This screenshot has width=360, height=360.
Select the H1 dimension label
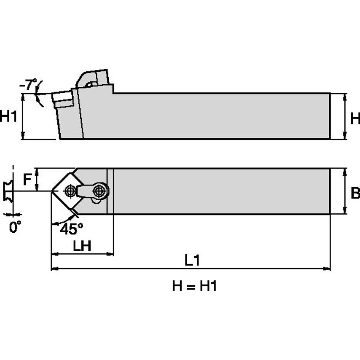pyautogui.click(x=9, y=116)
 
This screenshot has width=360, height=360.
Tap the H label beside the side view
pyautogui.click(x=355, y=118)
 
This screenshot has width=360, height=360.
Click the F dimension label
pyautogui.click(x=27, y=180)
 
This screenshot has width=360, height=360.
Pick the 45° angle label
pyautogui.click(x=71, y=229)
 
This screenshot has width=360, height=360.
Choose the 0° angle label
pyautogui.click(x=15, y=228)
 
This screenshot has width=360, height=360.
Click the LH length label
pyautogui.click(x=82, y=246)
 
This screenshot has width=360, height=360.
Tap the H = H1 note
pyautogui.click(x=194, y=287)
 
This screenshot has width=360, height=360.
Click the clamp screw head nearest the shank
pyautogui.click(x=99, y=191)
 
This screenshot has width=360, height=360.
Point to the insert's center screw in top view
pyautogui.click(x=70, y=191)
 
